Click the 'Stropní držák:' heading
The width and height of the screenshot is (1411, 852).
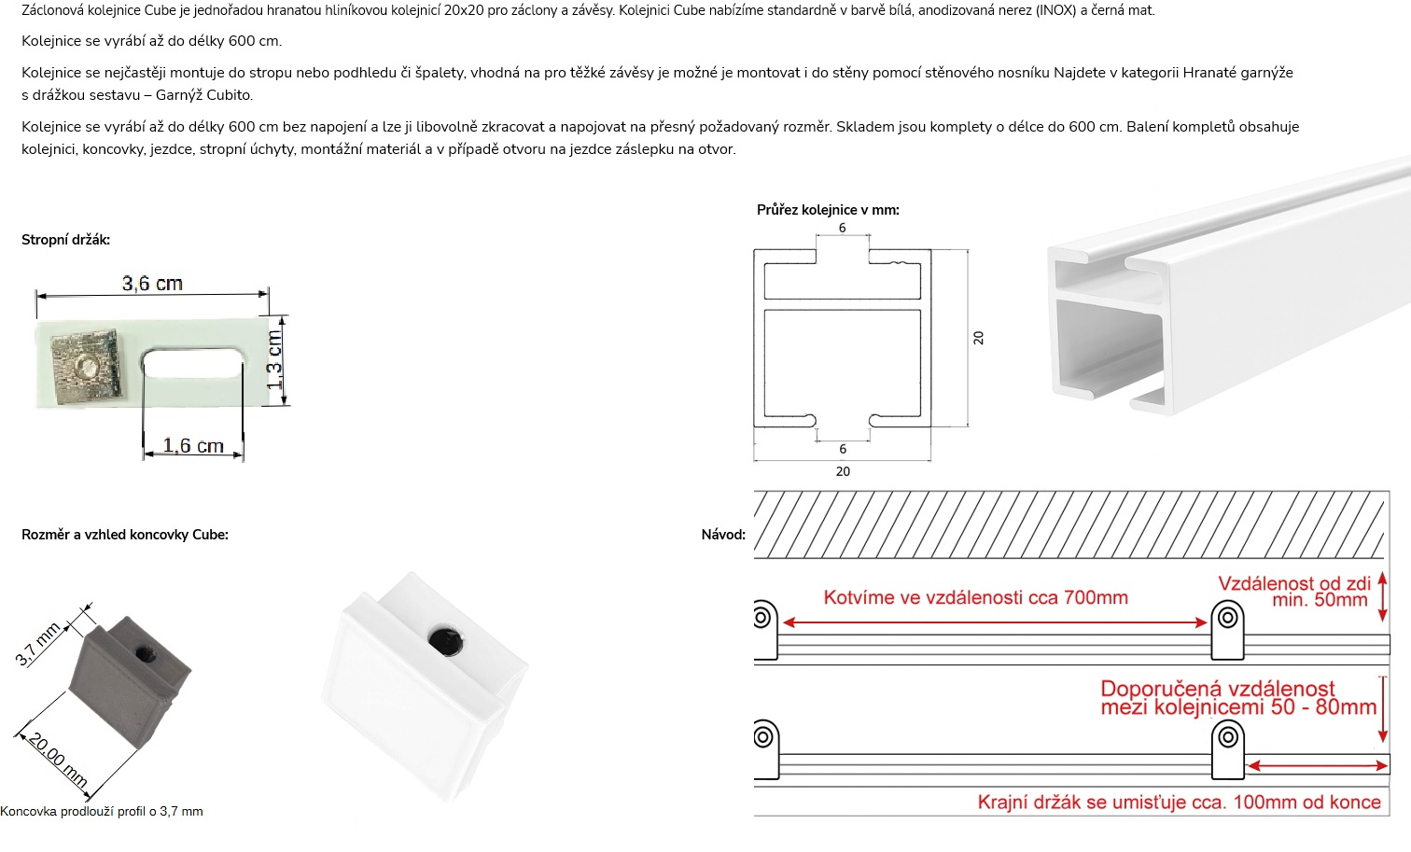point(65,240)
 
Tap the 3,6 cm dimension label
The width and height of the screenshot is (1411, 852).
point(152,283)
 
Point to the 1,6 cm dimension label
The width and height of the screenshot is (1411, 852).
point(193,445)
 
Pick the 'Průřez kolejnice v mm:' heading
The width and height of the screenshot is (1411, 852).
point(828,210)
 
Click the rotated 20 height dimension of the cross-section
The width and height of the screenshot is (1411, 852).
point(978,338)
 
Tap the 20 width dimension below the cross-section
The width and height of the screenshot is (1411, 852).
point(843,471)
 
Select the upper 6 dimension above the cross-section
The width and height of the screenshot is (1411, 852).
point(842,228)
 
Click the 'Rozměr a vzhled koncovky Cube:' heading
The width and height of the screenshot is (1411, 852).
point(125,535)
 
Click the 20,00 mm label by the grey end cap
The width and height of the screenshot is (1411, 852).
point(57,761)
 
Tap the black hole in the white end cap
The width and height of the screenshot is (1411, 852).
point(441,640)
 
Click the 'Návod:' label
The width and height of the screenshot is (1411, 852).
point(723,535)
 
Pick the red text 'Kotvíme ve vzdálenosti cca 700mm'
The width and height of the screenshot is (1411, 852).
point(975,597)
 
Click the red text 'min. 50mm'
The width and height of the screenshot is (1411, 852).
point(1320,600)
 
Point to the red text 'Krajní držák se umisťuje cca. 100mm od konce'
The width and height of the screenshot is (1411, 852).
point(1179,802)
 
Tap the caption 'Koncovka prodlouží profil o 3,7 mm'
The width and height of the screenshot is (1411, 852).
point(102,811)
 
